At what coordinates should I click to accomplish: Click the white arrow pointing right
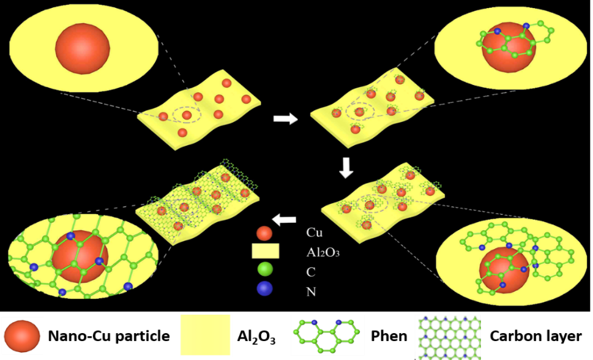point(285,119)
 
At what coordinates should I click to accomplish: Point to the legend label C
point(310,271)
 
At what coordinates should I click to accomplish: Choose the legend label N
point(311,291)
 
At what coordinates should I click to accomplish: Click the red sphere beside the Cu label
point(264,233)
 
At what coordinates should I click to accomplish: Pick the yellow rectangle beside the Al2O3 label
point(265,251)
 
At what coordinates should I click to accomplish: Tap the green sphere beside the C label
point(265,270)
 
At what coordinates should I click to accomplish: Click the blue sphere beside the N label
point(265,289)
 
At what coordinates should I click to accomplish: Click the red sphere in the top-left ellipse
point(83,48)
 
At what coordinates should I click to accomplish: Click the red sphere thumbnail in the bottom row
point(22,335)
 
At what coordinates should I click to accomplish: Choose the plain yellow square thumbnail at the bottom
point(206,335)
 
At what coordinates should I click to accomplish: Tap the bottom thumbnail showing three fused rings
point(327,335)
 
